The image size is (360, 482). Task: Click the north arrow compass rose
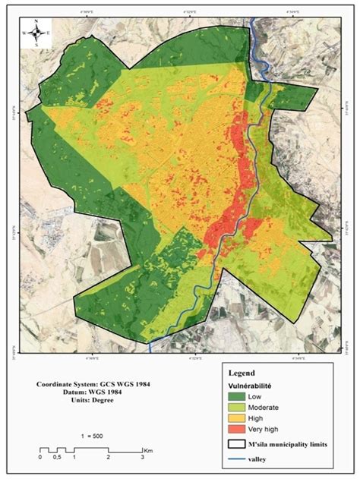(36, 33)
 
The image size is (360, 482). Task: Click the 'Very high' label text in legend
(272, 430)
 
